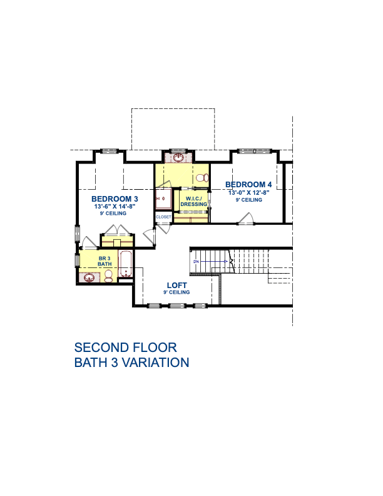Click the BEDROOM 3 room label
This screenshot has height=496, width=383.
pyautogui.click(x=115, y=199)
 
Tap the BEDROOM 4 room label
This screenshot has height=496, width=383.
pyautogui.click(x=248, y=184)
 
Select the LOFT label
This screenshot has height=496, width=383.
pyautogui.click(x=177, y=286)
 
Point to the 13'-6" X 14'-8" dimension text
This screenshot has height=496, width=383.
pyautogui.click(x=115, y=207)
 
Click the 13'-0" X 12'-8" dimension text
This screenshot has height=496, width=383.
pyautogui.click(x=248, y=192)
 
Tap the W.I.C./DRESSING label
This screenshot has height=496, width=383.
pyautogui.click(x=194, y=202)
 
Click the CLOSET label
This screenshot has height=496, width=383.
pyautogui.click(x=163, y=217)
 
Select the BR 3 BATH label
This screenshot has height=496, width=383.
pyautogui.click(x=105, y=261)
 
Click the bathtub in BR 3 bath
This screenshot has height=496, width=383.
pyautogui.click(x=125, y=264)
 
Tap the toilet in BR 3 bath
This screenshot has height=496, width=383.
pyautogui.click(x=108, y=276)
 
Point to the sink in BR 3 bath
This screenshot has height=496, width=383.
pyautogui.click(x=89, y=278)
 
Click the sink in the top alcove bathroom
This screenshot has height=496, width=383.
pyautogui.click(x=179, y=157)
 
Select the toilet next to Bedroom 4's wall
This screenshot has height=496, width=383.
pyautogui.click(x=202, y=178)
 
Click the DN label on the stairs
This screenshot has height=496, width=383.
pyautogui.click(x=197, y=262)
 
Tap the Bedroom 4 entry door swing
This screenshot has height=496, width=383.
pyautogui.click(x=246, y=219)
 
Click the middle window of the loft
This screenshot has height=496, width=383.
pyautogui.click(x=176, y=306)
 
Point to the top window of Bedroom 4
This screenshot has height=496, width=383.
pyautogui.click(x=254, y=151)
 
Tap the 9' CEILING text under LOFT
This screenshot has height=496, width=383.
pyautogui.click(x=176, y=292)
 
